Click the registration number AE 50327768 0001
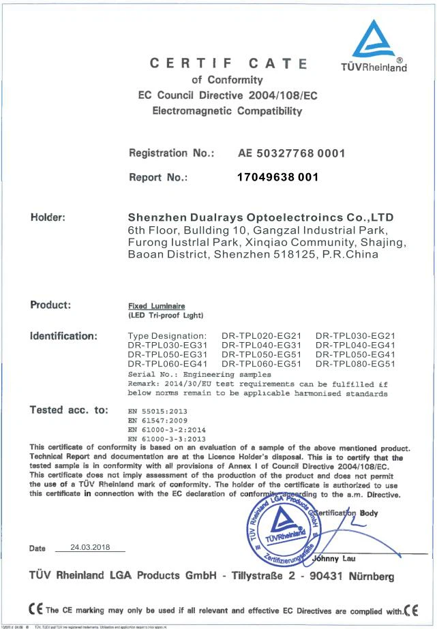click(291, 153)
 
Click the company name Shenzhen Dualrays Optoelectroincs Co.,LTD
click(261, 217)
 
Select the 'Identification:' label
click(65, 335)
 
